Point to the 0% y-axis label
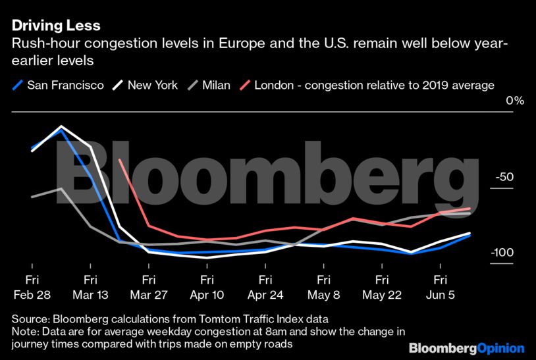pyautogui.click(x=514, y=101)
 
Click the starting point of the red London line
pyautogui.click(x=119, y=159)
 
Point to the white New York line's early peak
pyautogui.click(x=61, y=126)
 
